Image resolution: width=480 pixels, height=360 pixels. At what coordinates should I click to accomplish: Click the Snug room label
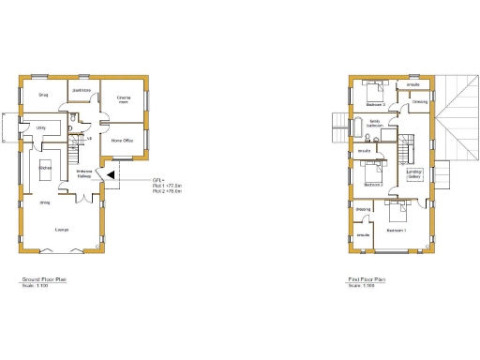pos(43,95)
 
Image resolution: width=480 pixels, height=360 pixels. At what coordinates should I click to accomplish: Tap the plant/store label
pos(82,90)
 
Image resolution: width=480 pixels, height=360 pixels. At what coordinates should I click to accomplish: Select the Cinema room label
pos(124,98)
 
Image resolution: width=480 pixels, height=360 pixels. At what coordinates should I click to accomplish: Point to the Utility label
pos(41,127)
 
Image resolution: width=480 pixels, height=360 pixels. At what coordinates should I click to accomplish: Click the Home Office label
pos(123,140)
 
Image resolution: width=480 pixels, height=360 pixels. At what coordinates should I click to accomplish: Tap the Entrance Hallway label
pos(83,174)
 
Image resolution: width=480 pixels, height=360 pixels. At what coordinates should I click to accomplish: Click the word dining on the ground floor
pos(44,202)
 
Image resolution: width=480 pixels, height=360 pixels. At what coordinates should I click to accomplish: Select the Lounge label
pos(61,229)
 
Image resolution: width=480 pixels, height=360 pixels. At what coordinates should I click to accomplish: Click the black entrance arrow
pos(110,174)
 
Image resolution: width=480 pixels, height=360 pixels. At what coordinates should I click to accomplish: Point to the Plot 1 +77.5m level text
pos(141,186)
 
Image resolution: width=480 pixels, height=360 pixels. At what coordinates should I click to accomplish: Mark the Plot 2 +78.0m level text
pos(141,191)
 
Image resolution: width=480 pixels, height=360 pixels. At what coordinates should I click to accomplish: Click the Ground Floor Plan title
pos(44,279)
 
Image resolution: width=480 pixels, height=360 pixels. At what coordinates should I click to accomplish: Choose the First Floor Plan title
pos(367,279)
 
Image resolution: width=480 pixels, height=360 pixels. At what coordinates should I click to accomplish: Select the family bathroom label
pos(373,123)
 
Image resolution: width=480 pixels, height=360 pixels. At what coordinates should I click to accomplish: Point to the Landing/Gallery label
pos(414,174)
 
